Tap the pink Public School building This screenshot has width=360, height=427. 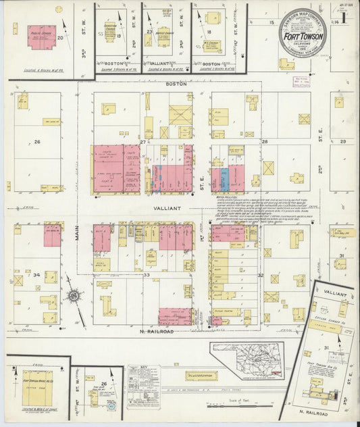(x=41, y=35)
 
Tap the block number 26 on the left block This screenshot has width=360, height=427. (x=38, y=142)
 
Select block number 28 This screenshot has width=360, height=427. (x=265, y=141)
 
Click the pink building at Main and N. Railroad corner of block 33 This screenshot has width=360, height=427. (x=175, y=316)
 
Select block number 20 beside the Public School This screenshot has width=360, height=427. (x=61, y=39)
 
